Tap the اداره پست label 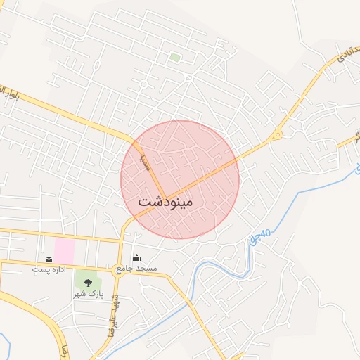[49, 269]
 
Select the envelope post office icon [49, 259]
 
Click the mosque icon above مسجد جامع [136, 258]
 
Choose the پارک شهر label [89, 293]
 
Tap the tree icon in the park [88, 283]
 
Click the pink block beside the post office [64, 250]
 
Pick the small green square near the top [174, 57]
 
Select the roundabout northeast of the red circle [277, 134]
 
